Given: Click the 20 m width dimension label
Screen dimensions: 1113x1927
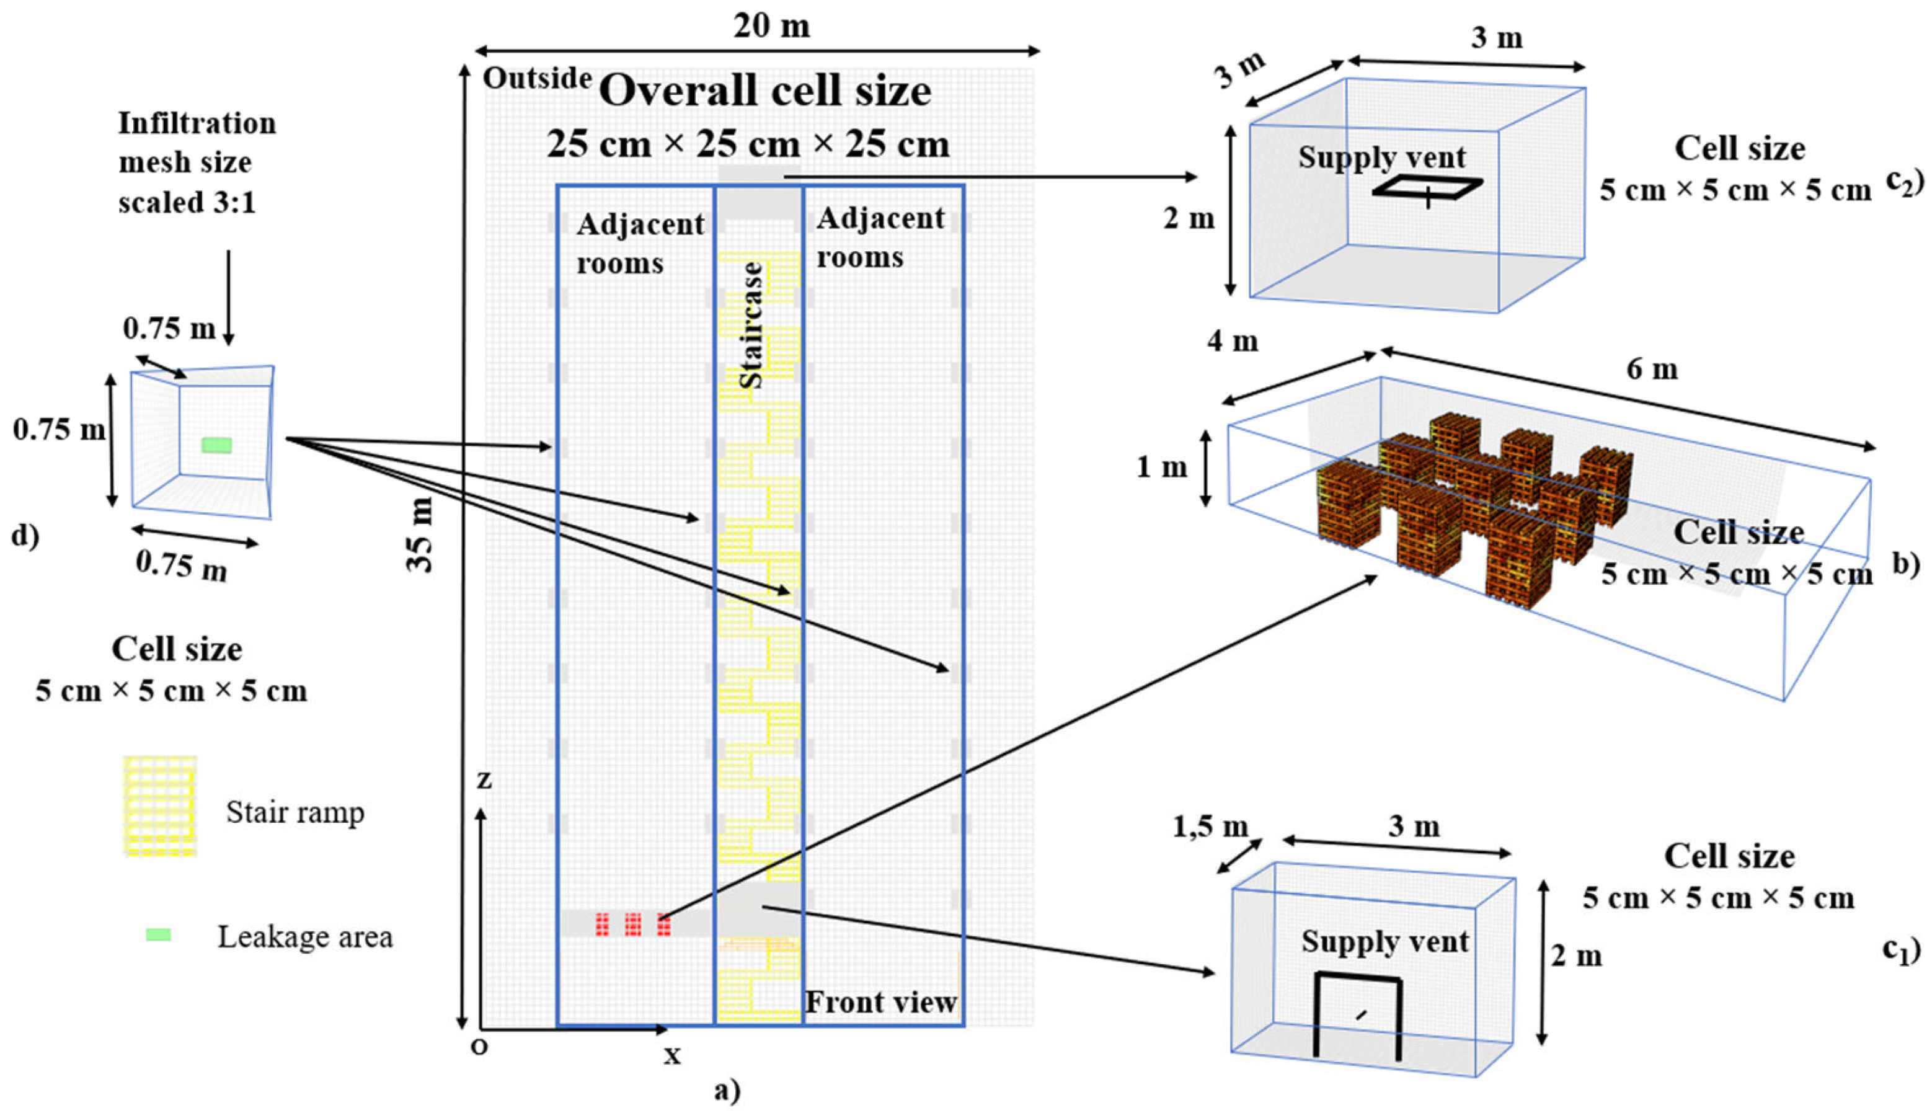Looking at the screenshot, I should tap(771, 26).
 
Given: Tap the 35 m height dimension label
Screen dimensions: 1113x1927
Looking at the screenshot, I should tap(420, 534).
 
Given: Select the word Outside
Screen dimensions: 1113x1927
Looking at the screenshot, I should tap(538, 78).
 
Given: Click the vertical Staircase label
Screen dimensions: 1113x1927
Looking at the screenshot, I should tap(751, 325).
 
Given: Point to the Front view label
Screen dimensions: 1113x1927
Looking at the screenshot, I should tap(881, 1001).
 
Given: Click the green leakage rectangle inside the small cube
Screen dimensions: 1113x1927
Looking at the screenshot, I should tap(216, 445).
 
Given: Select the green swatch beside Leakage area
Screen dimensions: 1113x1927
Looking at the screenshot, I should tap(158, 934).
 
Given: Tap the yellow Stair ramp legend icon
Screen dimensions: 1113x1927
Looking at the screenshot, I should tap(161, 805).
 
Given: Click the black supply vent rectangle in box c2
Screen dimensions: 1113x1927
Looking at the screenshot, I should tap(1427, 188).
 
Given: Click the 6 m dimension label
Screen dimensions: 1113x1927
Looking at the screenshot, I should tap(1652, 369).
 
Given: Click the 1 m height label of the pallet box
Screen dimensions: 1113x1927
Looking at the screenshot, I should tap(1162, 466).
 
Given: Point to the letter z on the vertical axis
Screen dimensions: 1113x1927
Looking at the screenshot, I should tap(484, 779).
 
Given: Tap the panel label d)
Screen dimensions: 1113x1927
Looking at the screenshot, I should tap(24, 536).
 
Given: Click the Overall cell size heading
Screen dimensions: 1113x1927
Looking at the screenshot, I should tap(765, 91).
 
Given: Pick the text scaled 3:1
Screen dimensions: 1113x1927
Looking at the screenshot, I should tap(187, 203).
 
